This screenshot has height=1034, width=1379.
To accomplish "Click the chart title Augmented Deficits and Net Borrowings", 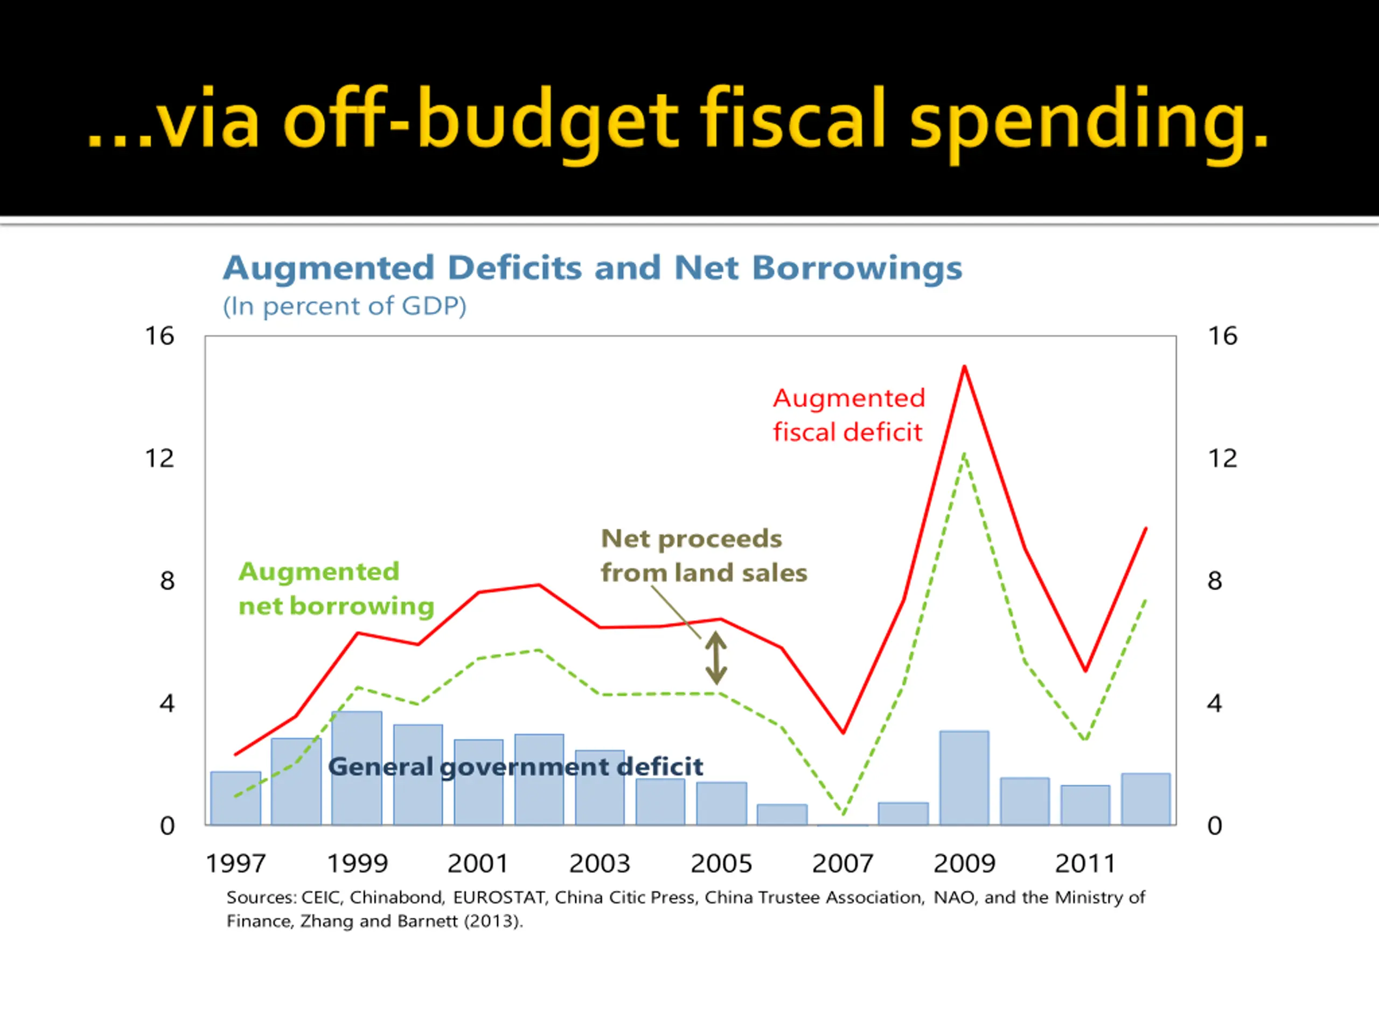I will [x=592, y=268].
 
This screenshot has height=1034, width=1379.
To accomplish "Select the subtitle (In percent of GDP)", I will [x=345, y=306].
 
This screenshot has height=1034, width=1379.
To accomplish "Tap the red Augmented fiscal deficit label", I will [x=848, y=415].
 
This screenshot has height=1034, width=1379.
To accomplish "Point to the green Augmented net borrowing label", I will [x=336, y=589].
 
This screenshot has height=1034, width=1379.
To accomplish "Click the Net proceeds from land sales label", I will [x=703, y=556].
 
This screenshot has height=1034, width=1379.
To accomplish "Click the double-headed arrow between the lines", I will [x=716, y=658].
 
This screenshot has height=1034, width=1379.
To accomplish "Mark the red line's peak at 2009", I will [x=964, y=367].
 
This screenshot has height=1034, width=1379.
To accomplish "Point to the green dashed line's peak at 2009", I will [x=964, y=455].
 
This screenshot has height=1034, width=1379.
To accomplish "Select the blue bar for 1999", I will [x=357, y=768].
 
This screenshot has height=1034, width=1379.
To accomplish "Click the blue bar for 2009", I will [x=964, y=778].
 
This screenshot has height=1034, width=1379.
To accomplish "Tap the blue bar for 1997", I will [x=235, y=799].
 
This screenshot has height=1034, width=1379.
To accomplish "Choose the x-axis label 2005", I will [x=721, y=864].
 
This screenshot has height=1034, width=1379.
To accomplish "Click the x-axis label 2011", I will [x=1085, y=864].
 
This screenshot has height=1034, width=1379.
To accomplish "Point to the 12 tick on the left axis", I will [x=159, y=459].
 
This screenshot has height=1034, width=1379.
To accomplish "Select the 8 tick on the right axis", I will [x=1214, y=582].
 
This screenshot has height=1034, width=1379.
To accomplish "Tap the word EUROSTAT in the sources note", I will [x=499, y=898].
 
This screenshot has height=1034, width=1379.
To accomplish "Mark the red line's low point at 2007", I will [x=843, y=732].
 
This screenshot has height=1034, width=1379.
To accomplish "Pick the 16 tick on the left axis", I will [x=159, y=337].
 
